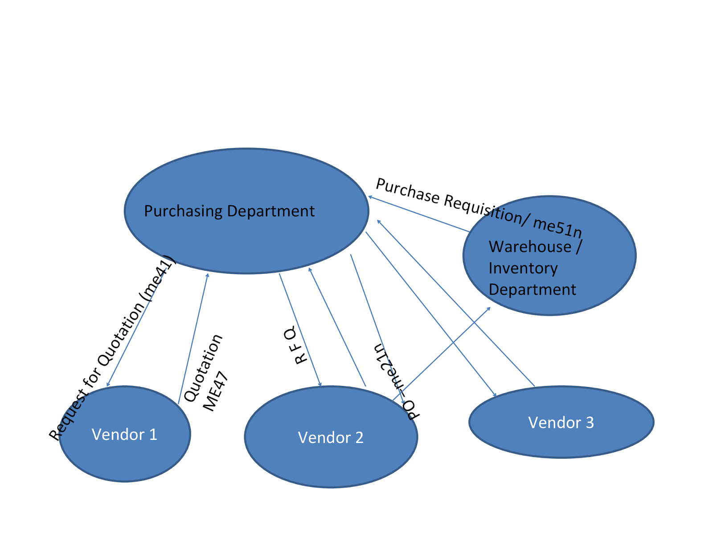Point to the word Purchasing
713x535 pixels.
coord(183,211)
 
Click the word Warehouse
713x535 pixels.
coord(530,247)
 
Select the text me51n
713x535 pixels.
coord(558,226)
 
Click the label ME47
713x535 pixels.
coord(216,391)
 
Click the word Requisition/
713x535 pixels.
coord(488,208)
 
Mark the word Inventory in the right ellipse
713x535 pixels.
coord(523,268)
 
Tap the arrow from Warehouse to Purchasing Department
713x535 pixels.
coord(419,214)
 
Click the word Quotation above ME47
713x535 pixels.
coord(203,368)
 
